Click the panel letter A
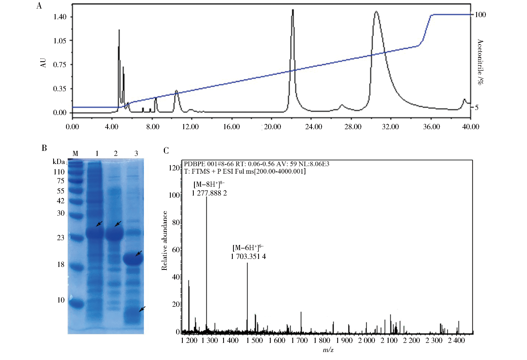click(x=39, y=6)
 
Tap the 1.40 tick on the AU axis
click(x=60, y=17)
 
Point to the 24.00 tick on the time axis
click(x=313, y=127)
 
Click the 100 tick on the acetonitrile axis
click(x=480, y=15)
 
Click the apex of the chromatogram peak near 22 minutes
click(x=293, y=10)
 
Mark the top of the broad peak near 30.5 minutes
click(x=376, y=12)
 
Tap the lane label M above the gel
click(x=75, y=154)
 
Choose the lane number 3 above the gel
click(x=136, y=154)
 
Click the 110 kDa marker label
click(x=59, y=172)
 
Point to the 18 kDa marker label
click(x=61, y=265)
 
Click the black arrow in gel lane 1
click(x=99, y=224)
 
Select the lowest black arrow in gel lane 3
click(x=142, y=309)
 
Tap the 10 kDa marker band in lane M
click(x=76, y=304)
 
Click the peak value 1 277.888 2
click(x=209, y=193)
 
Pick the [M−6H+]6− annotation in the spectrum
click(x=248, y=248)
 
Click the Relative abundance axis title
click(x=164, y=241)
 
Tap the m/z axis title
click(x=328, y=350)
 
